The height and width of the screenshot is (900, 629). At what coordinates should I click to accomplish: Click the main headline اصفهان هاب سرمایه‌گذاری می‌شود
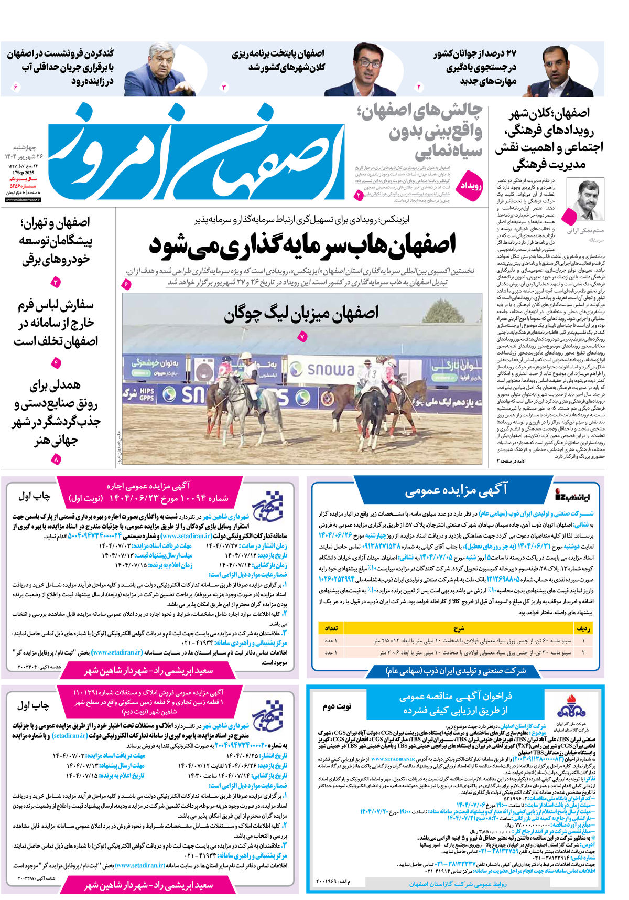coord(302,244)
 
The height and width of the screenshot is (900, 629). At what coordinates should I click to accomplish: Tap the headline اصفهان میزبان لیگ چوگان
coord(301,313)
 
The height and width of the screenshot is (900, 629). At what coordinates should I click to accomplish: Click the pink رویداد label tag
coord(471,186)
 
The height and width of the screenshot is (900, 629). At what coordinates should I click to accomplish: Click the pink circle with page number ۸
coord(56,459)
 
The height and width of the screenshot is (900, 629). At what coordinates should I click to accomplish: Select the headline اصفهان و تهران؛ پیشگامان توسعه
coord(55,241)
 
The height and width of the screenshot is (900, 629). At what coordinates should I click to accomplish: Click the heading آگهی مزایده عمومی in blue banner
coord(456,490)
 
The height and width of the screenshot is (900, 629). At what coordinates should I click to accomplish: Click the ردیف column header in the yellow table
coord(583,628)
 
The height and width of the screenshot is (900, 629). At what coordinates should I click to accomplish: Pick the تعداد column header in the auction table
coord(331,628)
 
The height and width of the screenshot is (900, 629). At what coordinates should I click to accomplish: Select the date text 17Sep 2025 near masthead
coord(23,172)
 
